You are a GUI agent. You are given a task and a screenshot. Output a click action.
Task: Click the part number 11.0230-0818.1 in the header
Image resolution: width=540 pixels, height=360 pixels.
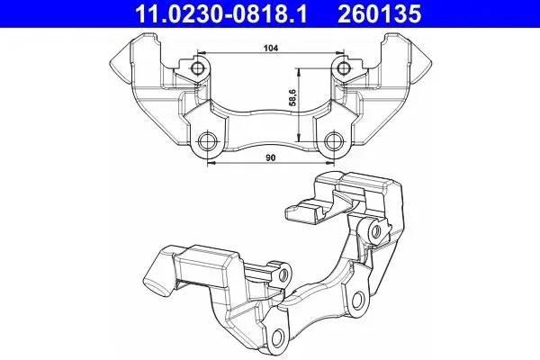(220, 13)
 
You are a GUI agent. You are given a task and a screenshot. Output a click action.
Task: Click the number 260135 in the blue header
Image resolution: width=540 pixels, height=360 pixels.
(379, 13)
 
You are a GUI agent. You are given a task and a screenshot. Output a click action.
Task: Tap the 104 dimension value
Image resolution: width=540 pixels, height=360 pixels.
(271, 49)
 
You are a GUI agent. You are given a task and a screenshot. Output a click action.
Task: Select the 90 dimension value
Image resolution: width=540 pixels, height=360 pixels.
(271, 157)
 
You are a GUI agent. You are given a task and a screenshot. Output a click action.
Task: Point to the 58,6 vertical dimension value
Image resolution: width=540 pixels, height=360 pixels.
(293, 97)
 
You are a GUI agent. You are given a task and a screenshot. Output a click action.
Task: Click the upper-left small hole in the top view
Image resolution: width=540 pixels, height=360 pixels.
(198, 67)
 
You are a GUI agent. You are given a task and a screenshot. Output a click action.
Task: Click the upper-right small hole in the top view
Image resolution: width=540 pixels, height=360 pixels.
(343, 67)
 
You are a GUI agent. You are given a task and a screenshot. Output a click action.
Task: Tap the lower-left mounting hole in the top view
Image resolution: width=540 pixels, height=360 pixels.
(208, 140)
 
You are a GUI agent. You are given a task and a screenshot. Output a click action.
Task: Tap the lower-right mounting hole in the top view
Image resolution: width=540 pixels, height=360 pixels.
(333, 140)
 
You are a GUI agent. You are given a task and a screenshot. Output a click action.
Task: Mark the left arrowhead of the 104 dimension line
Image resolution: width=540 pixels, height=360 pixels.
(202, 53)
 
